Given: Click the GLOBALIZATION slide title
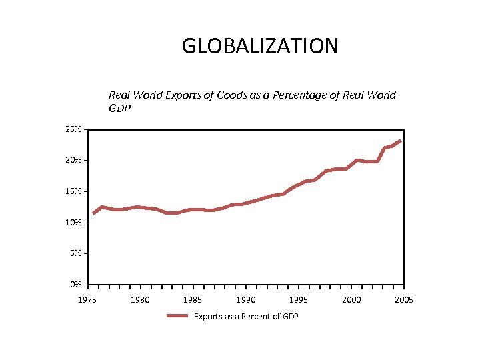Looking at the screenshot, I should pos(260,46).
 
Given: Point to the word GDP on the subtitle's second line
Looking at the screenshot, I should pos(120,108).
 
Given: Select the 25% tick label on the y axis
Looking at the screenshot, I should pos(73,129).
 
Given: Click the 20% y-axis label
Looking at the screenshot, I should pos(73,161).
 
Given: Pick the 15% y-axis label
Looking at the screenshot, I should pos(73,191).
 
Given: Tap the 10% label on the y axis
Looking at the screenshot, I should pos(73,223).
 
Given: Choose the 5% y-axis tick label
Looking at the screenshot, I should pos(75,253).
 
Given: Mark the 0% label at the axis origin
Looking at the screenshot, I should pos(75,285).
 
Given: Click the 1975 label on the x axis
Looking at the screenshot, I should pos(87,300).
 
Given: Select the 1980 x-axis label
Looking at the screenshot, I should pos(140,300).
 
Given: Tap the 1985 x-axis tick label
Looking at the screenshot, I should pos(193,300).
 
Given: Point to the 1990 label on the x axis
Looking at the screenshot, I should pos(246,300).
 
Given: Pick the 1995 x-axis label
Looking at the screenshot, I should pos(299,300).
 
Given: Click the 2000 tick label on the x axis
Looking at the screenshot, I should pos(351,300).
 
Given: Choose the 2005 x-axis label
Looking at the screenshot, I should pos(403,300).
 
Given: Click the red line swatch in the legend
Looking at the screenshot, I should pos(177,316).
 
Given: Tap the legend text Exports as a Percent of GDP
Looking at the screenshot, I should pos(246,316).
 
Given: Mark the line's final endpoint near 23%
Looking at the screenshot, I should pos(400,141).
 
